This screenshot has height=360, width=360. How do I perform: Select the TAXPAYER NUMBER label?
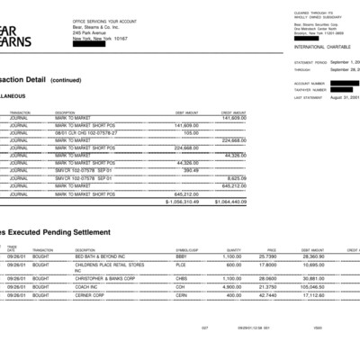point(310,90)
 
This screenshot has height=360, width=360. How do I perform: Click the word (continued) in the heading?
point(65,79)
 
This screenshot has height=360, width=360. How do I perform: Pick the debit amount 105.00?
point(190,132)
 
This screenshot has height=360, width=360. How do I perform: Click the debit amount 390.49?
point(190,170)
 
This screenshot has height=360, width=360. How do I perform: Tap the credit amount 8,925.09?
point(235,177)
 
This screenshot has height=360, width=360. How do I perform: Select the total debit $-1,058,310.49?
point(181,202)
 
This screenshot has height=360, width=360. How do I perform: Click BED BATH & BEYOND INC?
point(86,256)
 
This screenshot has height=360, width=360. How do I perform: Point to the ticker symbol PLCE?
point(181,265)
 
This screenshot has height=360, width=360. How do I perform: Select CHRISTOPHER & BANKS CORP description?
point(93,279)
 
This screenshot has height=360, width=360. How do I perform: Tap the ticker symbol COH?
point(180,286)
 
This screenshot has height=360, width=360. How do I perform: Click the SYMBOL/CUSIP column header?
point(188,249)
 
